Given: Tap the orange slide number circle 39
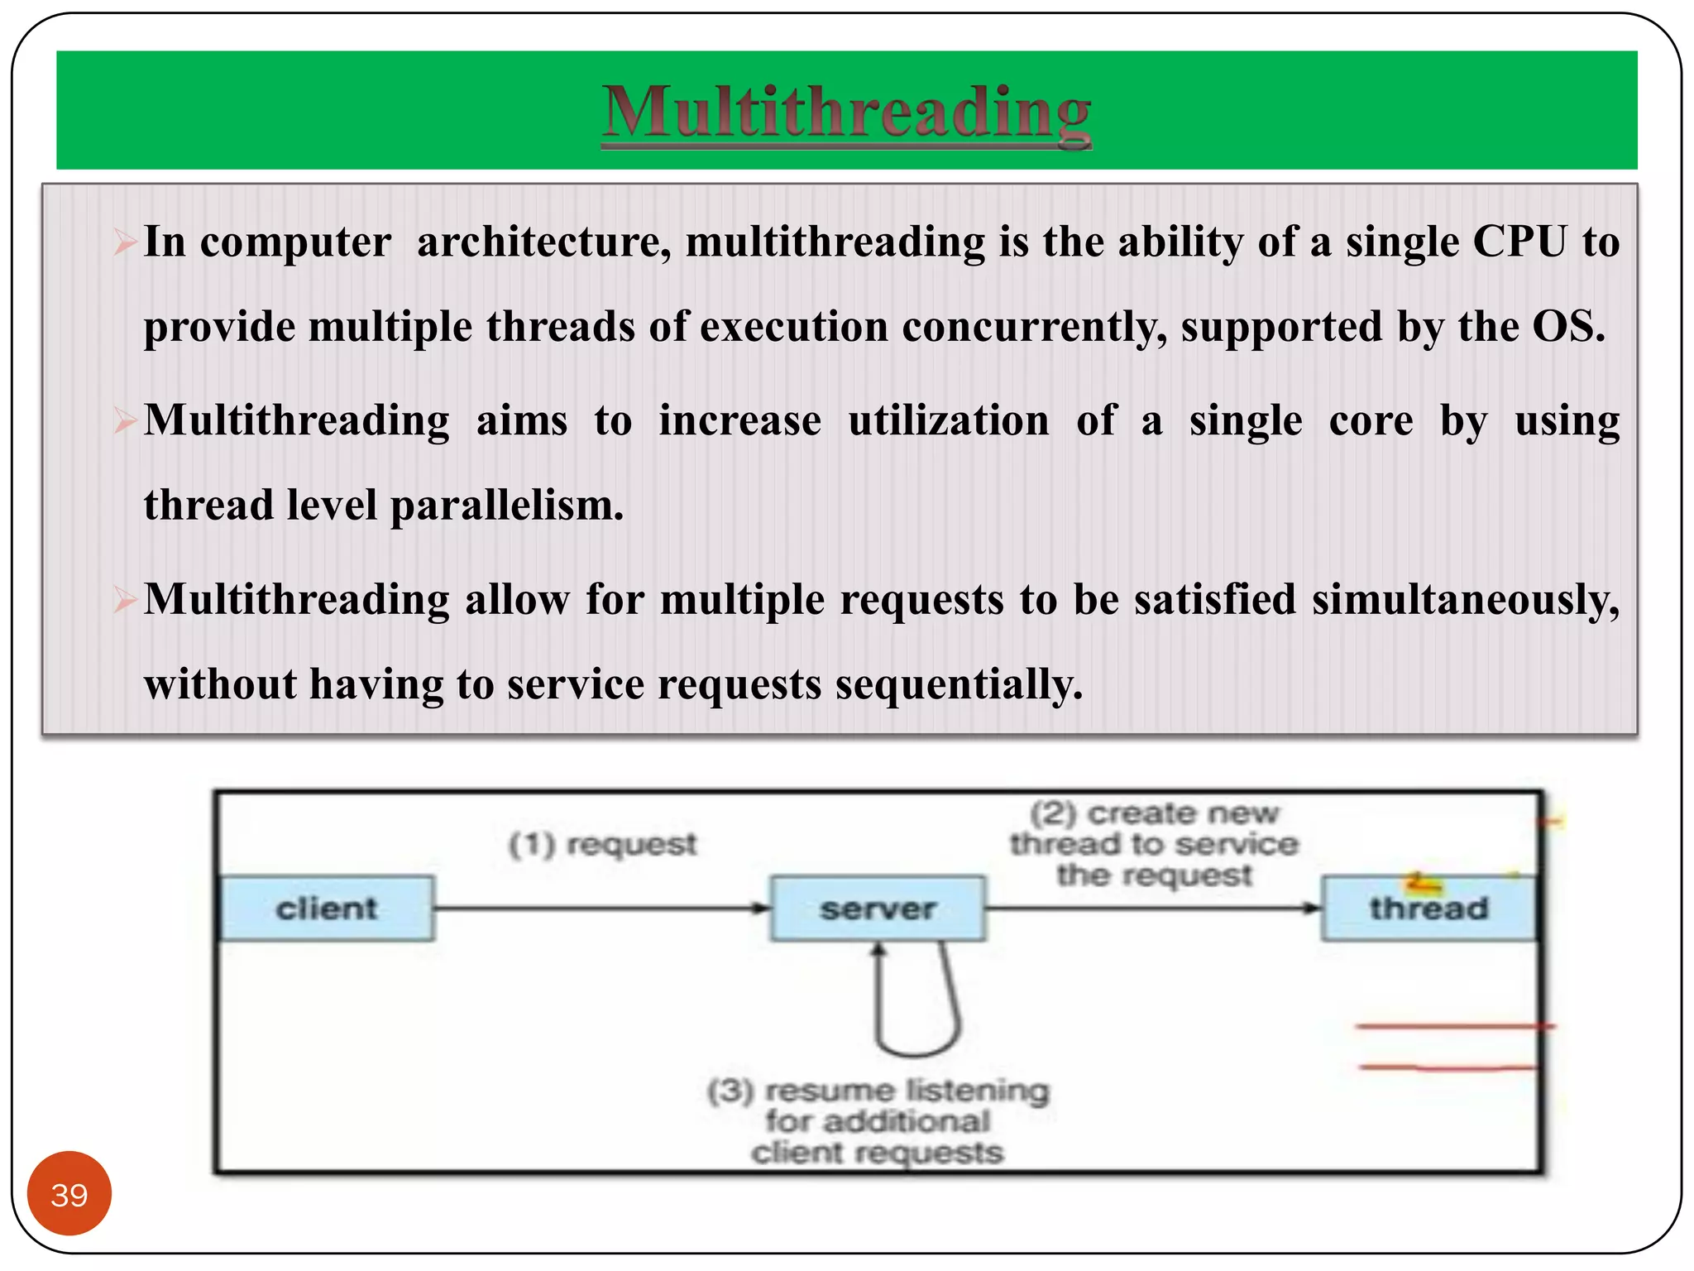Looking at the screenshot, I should click(69, 1194).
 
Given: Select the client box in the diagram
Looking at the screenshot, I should click(327, 909).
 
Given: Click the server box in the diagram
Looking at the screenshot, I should click(878, 909).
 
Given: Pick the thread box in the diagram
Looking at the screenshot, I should click(1428, 909).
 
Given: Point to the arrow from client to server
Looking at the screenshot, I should click(601, 909).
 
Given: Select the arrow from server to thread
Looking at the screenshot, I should click(1153, 909).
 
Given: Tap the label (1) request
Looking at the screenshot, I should click(603, 845).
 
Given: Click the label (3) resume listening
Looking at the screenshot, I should click(878, 1091).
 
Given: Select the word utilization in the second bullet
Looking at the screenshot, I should click(949, 420).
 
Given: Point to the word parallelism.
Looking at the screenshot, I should click(507, 506).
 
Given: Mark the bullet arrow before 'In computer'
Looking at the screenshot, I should click(125, 242).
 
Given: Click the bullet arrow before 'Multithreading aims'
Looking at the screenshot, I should click(125, 421).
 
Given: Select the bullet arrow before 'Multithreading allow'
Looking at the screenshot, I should click(125, 600).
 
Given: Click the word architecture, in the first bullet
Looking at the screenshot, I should click(543, 242).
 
